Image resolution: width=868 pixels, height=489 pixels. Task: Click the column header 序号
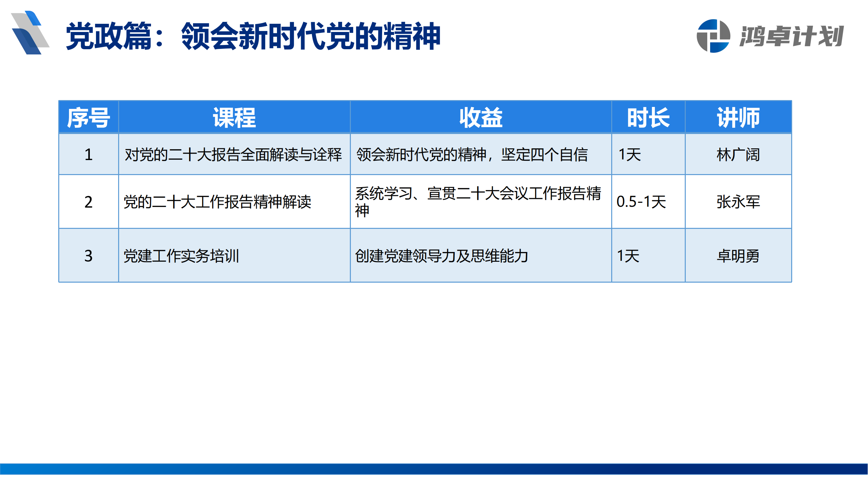click(88, 117)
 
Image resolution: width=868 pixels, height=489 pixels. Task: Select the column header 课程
click(234, 117)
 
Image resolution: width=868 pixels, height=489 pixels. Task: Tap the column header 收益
click(481, 117)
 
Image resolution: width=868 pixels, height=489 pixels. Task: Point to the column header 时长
click(648, 117)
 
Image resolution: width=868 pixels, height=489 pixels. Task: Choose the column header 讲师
click(738, 117)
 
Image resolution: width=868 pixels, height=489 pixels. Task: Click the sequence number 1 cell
click(88, 155)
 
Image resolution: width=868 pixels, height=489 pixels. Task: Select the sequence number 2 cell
click(88, 202)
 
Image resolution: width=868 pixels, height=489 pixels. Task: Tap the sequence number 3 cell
click(88, 256)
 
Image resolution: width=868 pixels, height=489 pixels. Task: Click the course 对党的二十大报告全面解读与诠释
click(233, 155)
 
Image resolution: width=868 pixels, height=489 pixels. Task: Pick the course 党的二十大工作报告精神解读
click(217, 202)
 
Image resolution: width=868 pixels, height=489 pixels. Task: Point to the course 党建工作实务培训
click(181, 256)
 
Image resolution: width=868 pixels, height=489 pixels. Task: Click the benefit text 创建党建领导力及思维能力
click(441, 256)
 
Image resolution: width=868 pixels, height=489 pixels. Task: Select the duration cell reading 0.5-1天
click(641, 202)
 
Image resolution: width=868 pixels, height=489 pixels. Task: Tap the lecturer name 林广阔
click(738, 155)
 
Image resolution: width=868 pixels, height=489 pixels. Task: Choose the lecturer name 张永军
click(738, 202)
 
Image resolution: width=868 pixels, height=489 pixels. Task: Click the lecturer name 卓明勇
click(738, 256)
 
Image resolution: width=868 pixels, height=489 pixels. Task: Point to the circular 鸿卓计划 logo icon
click(713, 36)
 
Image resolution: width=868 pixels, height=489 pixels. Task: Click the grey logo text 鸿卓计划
click(792, 36)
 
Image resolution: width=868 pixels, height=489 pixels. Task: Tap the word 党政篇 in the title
click(108, 36)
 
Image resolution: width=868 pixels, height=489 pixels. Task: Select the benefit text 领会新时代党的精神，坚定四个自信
click(472, 155)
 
